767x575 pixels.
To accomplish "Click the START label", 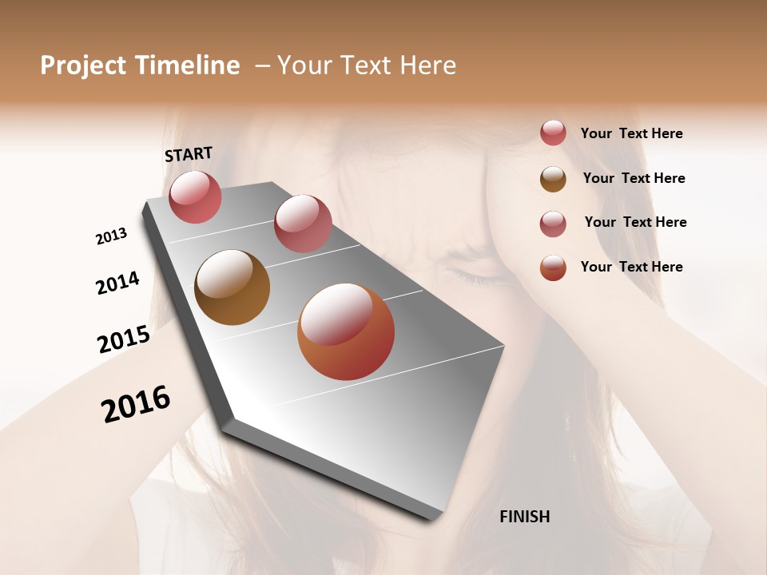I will point(189,154).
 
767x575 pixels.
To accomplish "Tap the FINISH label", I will point(525,517).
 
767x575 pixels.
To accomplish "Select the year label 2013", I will point(111,236).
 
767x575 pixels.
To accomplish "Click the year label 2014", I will point(117,283).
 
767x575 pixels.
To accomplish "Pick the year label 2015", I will point(124,339).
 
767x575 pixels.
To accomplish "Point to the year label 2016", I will point(136,403).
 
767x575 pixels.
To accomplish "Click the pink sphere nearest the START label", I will point(195,196).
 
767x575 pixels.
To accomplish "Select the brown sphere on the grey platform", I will point(232,287).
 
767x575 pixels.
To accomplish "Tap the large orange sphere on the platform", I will point(346,331).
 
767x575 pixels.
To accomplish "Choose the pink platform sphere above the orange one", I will point(303,223).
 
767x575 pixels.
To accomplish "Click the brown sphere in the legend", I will point(553,179).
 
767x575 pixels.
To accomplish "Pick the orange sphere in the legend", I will point(553,268).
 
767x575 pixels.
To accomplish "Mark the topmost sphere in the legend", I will point(553,133).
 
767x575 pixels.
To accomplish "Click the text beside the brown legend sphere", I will point(634,178).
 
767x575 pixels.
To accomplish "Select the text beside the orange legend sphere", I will point(631,267).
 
